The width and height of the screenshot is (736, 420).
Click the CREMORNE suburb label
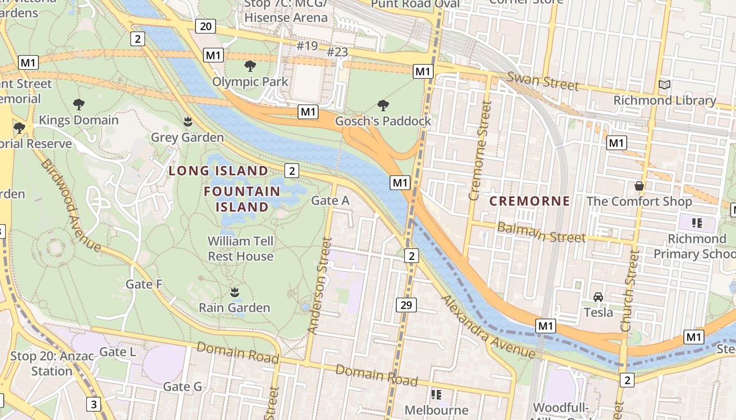[529, 201]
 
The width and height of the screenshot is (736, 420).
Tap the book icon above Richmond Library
[665, 85]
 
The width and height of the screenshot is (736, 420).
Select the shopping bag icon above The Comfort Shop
[639, 185]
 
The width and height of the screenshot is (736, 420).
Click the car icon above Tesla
[598, 297]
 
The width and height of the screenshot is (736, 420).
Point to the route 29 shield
[407, 305]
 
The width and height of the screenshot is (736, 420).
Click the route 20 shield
[205, 26]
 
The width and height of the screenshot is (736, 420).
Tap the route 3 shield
[94, 404]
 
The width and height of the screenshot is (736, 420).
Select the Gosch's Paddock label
[383, 121]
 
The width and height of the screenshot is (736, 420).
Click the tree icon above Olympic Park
[250, 66]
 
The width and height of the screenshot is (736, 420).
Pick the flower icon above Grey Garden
[187, 122]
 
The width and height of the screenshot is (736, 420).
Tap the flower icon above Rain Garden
[234, 291]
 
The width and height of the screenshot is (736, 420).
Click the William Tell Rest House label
[241, 249]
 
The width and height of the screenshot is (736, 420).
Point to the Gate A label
[330, 200]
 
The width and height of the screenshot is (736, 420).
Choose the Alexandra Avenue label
[487, 327]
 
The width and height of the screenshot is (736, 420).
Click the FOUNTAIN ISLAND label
[242, 199]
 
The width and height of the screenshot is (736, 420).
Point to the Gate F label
[144, 285]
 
